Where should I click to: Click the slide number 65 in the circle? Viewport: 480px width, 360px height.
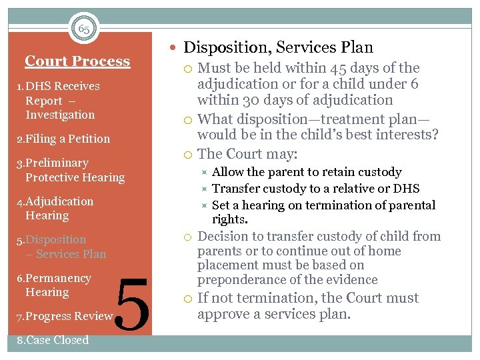(x=84, y=29)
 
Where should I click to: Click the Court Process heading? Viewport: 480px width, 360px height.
(x=77, y=61)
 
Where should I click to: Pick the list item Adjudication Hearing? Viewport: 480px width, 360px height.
(x=54, y=208)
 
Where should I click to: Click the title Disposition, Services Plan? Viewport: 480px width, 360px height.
(x=278, y=47)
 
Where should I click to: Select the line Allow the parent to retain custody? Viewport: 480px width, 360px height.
(x=306, y=172)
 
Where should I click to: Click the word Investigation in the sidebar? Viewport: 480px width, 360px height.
(x=60, y=115)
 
